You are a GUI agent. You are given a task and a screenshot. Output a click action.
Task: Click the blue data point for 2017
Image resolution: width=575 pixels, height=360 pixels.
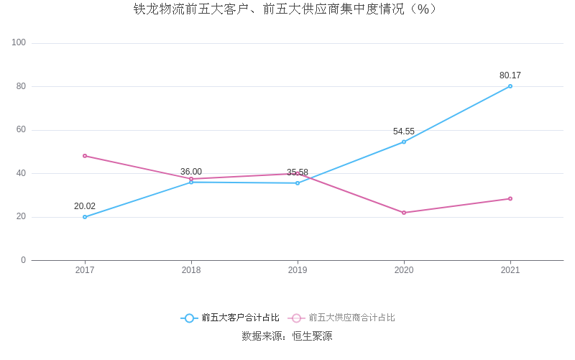[85, 217]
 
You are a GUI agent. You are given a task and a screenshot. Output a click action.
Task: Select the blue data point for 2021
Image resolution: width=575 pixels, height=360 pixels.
[510, 86]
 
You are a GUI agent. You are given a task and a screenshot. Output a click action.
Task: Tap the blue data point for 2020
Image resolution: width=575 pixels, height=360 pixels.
[404, 142]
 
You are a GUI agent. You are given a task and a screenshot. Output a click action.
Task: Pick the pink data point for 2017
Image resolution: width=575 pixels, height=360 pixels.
[85, 156]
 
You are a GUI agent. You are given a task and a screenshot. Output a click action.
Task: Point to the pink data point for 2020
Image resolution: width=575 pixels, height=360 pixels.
[404, 213]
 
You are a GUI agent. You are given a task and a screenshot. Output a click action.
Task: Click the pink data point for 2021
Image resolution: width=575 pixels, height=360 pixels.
[510, 198]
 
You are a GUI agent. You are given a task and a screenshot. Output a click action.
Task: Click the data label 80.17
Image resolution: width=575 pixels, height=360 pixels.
[510, 75]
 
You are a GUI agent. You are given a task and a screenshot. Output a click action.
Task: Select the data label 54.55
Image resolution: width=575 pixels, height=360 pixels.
[404, 131]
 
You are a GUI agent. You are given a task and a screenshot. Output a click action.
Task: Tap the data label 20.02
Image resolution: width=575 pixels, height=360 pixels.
[85, 206]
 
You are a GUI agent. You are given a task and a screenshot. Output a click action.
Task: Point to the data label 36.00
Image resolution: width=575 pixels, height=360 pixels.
[191, 172]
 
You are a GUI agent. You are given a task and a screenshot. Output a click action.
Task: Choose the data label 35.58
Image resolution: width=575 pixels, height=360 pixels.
[298, 172]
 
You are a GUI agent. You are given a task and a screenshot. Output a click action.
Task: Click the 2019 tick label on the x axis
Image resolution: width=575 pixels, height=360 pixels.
[298, 270]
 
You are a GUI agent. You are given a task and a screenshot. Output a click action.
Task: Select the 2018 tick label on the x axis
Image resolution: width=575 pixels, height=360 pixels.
[191, 270]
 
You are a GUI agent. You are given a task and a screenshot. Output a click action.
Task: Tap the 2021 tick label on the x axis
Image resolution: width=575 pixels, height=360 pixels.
[510, 270]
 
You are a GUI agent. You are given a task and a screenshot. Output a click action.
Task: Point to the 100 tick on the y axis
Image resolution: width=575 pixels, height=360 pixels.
[19, 43]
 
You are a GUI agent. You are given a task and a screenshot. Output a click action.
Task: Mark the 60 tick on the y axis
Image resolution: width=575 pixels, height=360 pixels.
[21, 130]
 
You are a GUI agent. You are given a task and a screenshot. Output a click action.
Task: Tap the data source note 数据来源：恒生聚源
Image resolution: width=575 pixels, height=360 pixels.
[287, 336]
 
